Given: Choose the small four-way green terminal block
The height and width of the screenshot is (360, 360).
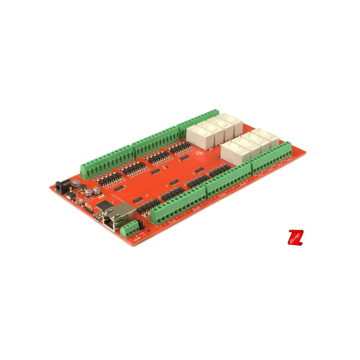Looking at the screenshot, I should pyautogui.click(x=130, y=229).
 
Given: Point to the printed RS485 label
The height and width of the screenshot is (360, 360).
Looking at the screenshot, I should pyautogui.click(x=137, y=239).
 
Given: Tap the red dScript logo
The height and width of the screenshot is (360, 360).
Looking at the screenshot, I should pyautogui.click(x=296, y=238).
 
